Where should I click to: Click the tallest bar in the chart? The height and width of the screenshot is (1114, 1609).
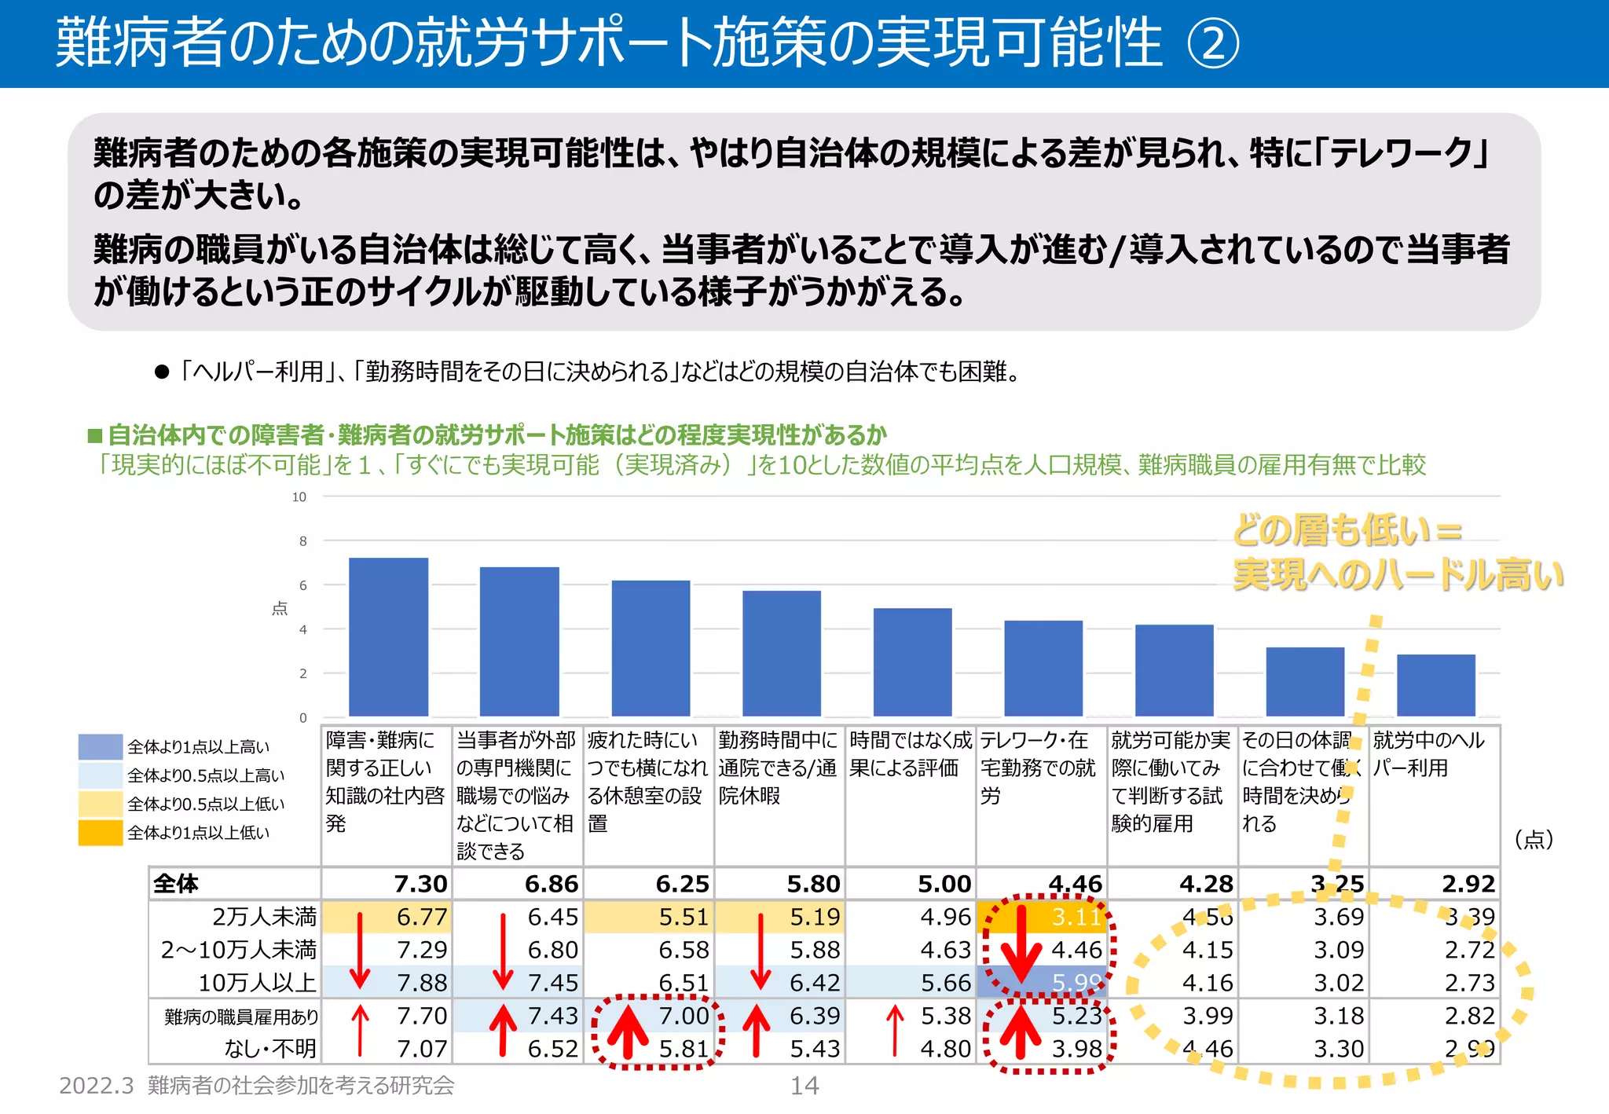tap(388, 636)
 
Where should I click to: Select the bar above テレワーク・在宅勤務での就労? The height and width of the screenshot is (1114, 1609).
tap(1043, 668)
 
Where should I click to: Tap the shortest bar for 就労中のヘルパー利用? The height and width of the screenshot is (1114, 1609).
tap(1436, 685)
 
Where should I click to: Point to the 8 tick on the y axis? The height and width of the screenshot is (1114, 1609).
tap(303, 541)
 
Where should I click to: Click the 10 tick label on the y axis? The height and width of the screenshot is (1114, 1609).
tap(299, 497)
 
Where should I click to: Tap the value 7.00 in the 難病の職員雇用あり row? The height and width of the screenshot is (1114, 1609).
tap(684, 1016)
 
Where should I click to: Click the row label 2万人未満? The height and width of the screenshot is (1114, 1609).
tap(264, 917)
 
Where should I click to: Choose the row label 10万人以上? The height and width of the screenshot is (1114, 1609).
tap(257, 983)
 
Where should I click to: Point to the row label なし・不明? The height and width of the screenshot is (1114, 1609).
tap(270, 1049)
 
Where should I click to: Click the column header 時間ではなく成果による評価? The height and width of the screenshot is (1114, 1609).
tap(910, 754)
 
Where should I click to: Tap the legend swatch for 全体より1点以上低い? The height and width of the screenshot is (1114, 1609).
tap(101, 833)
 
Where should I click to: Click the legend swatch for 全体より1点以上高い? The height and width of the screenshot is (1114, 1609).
tap(101, 747)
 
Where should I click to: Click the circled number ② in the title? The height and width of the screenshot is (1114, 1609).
tap(1213, 44)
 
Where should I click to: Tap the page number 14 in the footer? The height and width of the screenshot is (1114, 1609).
tap(804, 1086)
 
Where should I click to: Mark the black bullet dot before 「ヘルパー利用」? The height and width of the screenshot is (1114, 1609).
tap(163, 372)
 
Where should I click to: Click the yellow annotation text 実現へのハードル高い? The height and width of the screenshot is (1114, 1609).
tap(1397, 575)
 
